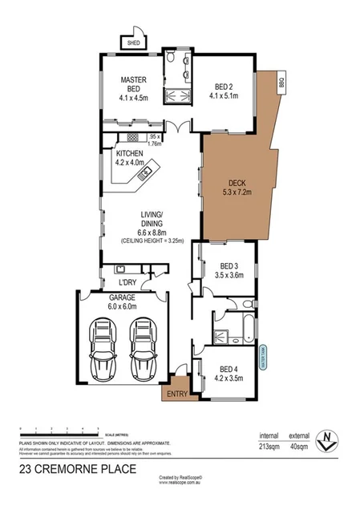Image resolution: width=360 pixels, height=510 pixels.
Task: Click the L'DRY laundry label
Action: point(128,282)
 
